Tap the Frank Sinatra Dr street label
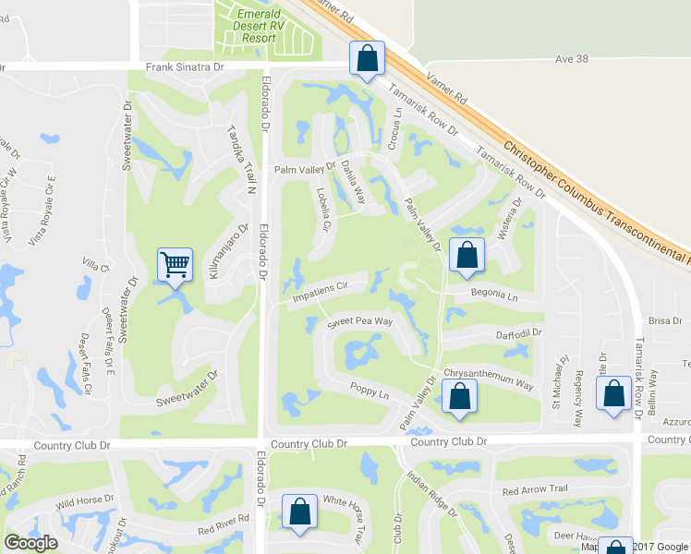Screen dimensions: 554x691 pos(185,67)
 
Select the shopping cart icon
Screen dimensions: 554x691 pos(175,265)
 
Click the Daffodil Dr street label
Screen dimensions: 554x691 pos(518,333)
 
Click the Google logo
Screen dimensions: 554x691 pos(30,543)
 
